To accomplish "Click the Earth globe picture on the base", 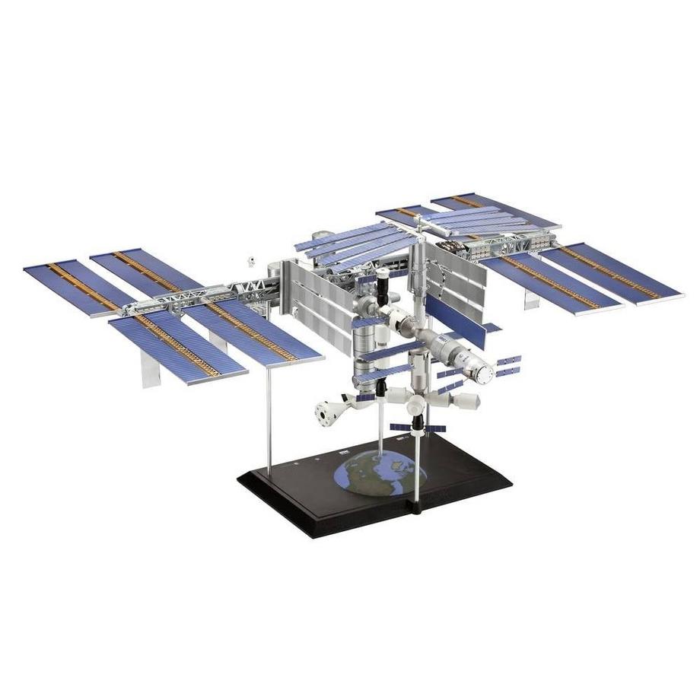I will [x=379, y=475].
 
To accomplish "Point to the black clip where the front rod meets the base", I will [x=416, y=506].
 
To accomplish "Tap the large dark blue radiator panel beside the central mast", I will [x=455, y=320].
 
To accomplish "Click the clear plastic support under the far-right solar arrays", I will [x=531, y=299].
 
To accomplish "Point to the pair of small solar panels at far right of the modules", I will [x=506, y=365].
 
